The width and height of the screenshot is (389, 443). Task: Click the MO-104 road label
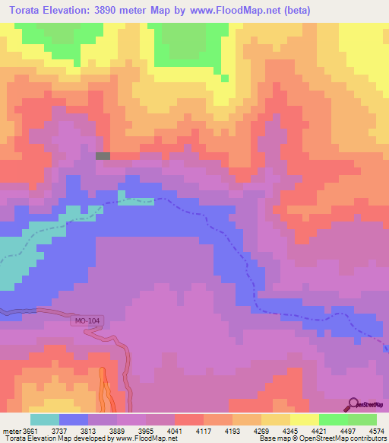tap(87, 320)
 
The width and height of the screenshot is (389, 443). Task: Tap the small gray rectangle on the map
tap(103, 156)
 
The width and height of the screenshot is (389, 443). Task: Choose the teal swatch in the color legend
tap(44, 419)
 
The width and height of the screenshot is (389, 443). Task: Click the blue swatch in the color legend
tap(73, 419)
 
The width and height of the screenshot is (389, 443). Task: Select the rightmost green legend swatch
tap(362, 419)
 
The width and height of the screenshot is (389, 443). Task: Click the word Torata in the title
tap(32, 11)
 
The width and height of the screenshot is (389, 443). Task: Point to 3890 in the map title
tap(118, 11)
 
